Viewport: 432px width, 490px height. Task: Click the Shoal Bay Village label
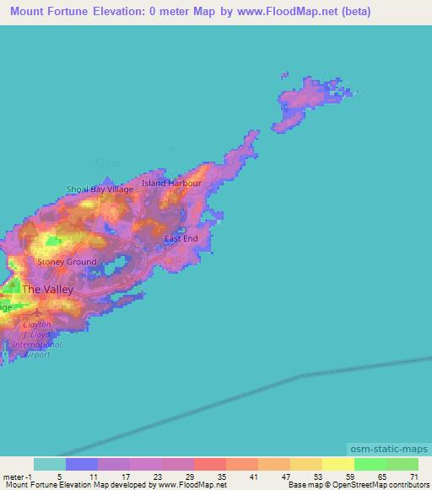coord(100,189)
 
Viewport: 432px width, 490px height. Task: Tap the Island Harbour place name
coord(171,183)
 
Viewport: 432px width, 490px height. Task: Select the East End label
coord(181,239)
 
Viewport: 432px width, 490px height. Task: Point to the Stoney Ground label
coord(67,262)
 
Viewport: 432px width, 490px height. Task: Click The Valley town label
coord(47,290)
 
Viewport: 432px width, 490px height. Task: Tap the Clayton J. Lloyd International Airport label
coord(37,339)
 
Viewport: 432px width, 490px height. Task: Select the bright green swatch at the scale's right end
coord(402,464)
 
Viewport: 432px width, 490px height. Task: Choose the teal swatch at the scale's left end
coord(50,464)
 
